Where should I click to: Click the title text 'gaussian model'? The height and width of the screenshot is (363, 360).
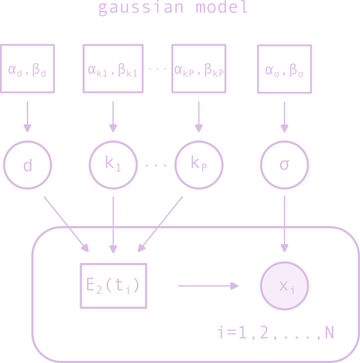[173, 9]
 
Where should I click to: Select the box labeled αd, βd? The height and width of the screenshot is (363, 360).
[28, 70]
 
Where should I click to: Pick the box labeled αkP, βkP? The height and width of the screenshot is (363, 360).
[198, 70]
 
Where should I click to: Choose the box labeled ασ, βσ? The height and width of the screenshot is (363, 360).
[283, 70]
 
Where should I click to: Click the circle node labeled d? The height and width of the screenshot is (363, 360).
[28, 166]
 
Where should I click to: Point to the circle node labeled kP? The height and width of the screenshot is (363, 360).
[198, 164]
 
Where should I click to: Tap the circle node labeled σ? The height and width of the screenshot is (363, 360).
[283, 164]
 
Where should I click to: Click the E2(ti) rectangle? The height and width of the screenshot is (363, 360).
[114, 285]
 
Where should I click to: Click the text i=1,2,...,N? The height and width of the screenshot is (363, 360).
[275, 333]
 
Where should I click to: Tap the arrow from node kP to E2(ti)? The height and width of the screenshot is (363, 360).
[162, 222]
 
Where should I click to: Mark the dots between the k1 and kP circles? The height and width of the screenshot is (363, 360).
[156, 165]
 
